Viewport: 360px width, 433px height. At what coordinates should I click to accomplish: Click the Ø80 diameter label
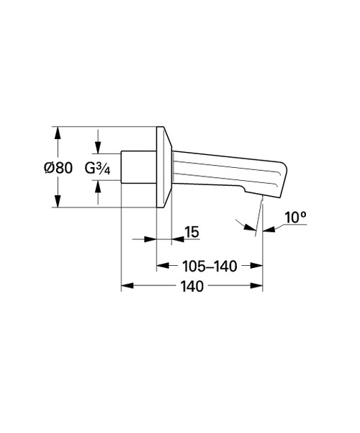click(58, 168)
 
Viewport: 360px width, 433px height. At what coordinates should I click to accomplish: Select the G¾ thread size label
click(98, 168)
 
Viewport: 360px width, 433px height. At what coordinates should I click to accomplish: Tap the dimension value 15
click(191, 232)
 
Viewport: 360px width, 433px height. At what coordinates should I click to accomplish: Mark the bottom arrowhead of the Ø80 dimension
click(58, 205)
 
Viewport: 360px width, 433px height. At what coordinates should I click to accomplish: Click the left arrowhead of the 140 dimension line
click(126, 286)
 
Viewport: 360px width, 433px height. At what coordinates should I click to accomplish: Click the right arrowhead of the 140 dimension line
click(258, 286)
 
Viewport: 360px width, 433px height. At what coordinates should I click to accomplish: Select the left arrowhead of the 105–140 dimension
click(163, 266)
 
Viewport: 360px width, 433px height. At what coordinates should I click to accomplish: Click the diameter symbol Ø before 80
click(48, 168)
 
